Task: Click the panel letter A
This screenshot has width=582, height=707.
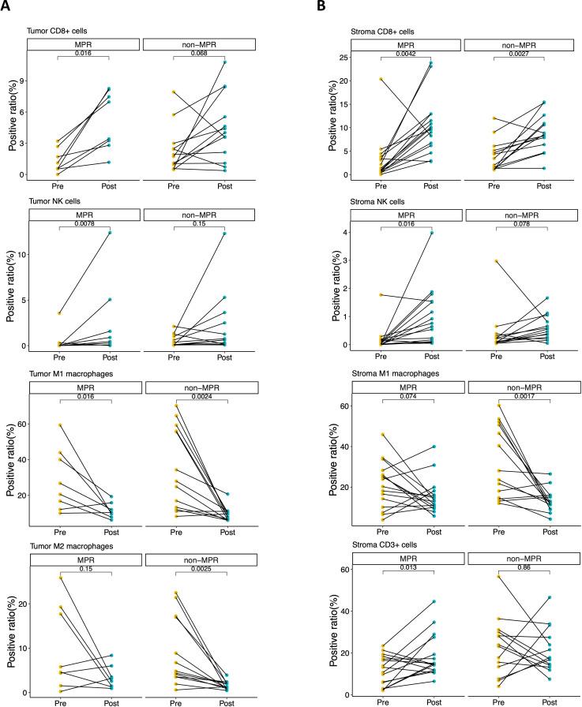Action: pos(7,7)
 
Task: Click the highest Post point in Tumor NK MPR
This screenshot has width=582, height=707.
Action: pos(110,233)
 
